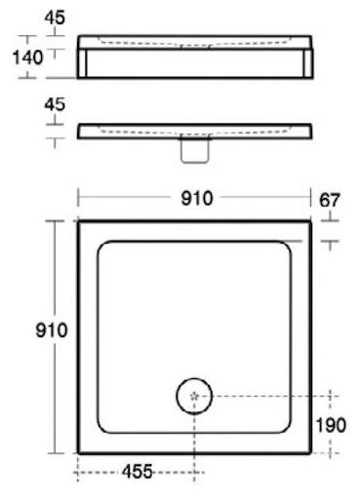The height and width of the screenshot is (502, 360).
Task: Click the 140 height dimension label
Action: point(27,58)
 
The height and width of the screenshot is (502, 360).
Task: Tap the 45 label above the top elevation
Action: point(55,18)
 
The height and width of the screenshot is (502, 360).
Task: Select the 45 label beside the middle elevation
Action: point(55,104)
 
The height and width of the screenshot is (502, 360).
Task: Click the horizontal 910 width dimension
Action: point(197,198)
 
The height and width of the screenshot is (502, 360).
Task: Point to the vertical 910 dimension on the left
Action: point(52,330)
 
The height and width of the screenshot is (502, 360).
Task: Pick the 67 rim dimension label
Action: point(330,200)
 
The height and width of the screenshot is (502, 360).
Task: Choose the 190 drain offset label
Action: point(331,425)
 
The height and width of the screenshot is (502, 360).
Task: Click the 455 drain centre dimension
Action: point(138,472)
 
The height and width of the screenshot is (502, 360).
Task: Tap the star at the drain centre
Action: point(194,396)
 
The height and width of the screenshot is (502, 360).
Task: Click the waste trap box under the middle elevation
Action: point(194,150)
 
